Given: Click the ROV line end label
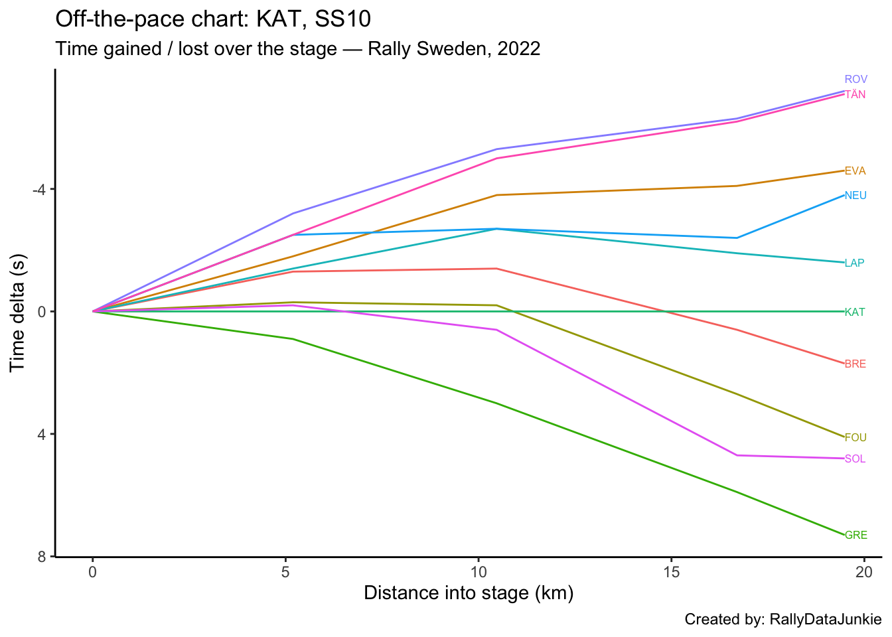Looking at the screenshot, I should click(855, 80).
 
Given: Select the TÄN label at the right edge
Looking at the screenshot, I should click(855, 95).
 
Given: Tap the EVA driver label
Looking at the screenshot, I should click(855, 171).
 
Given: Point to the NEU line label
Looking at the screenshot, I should click(855, 196).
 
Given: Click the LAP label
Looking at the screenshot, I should click(854, 263).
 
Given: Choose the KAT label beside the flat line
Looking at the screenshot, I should click(854, 313).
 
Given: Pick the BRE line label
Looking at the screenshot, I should click(855, 364).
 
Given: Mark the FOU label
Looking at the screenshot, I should click(855, 438).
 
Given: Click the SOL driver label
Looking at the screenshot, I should click(855, 459).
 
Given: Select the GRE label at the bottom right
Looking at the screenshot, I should click(855, 535).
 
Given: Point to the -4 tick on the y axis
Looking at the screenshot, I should click(39, 190).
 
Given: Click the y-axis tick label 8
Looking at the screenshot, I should click(42, 557).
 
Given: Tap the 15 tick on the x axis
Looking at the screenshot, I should click(671, 572).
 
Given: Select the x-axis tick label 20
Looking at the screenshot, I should click(863, 572).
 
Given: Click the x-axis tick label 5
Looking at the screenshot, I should click(285, 572).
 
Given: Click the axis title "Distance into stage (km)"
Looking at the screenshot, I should click(469, 593).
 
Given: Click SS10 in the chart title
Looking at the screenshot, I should click(342, 19).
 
